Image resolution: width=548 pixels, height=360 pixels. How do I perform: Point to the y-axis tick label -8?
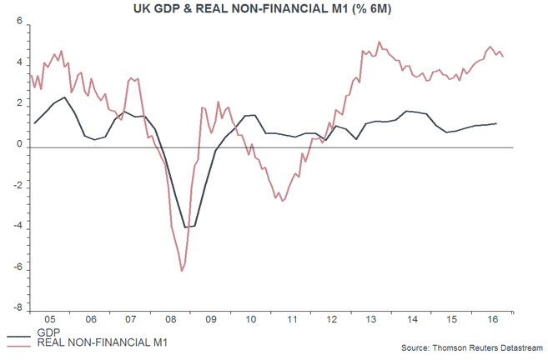coord(16,308)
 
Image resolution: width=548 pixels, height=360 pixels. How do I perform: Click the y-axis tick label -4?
coord(16,227)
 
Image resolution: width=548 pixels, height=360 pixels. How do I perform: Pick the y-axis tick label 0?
coord(18,145)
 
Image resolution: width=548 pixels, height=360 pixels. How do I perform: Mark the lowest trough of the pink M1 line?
coord(182,271)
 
